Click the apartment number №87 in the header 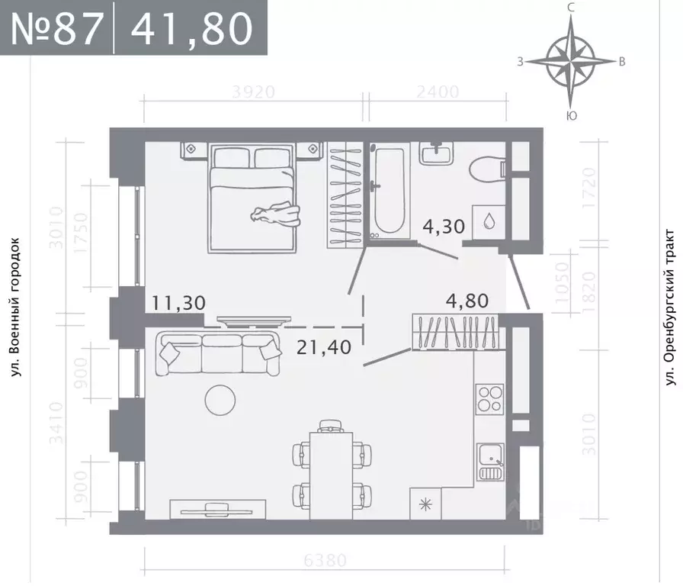click(x=57, y=28)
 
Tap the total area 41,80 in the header click(x=191, y=28)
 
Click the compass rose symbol click(x=570, y=62)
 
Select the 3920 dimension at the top click(x=253, y=92)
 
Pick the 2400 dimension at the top click(x=437, y=92)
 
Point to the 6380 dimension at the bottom click(x=325, y=561)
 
